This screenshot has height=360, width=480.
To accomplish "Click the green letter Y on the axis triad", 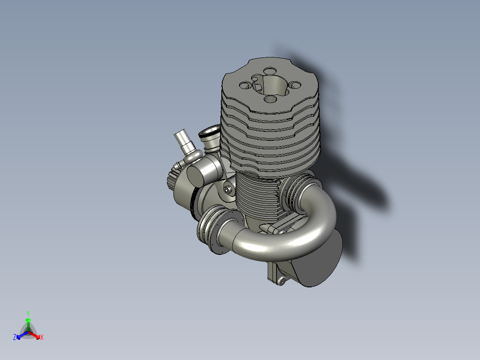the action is [28, 313].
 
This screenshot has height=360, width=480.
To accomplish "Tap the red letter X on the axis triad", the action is [42, 337].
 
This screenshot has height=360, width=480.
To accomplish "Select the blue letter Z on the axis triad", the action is [15, 337].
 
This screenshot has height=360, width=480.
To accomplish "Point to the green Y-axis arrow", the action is [28, 324].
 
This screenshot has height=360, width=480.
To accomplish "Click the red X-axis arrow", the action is [34, 335].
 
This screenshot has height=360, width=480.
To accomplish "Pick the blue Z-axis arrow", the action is [22, 335].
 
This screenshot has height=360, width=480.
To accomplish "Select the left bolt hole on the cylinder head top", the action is [245, 85].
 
